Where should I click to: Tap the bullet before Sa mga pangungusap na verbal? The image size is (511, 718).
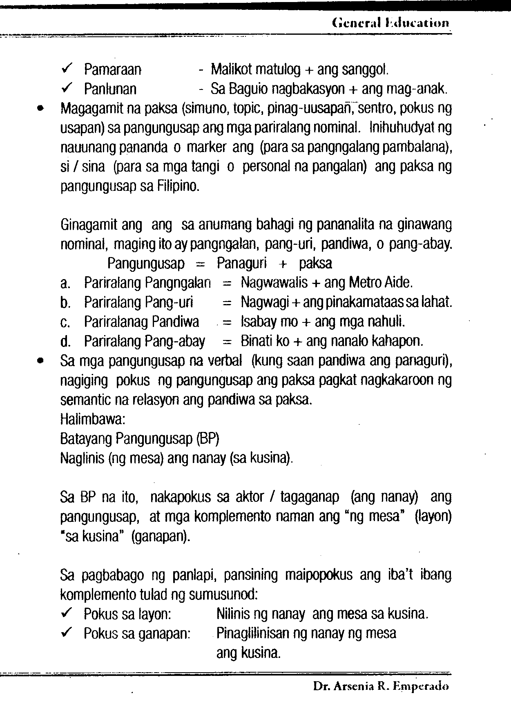pos(40,361)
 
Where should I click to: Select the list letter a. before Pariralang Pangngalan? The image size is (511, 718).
pos(65,283)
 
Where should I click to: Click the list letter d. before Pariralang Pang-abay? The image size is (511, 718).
pos(65,341)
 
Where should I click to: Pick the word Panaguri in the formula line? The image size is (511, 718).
pos(241,264)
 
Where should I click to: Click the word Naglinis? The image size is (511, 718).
pos(82,459)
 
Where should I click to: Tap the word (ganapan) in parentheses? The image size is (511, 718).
pos(161,536)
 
